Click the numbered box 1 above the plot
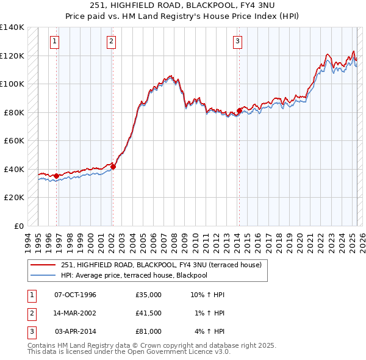[55, 41]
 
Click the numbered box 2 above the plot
[112, 41]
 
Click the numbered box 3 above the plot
[237, 41]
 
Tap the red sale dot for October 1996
[57, 176]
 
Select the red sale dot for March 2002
[113, 167]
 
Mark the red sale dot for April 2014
[239, 111]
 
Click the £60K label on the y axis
[14, 140]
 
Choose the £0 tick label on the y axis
[19, 226]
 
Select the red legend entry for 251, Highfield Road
[161, 265]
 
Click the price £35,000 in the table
[148, 295]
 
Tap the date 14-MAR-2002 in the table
[76, 313]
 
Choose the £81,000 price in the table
[148, 331]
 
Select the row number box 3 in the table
[30, 331]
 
